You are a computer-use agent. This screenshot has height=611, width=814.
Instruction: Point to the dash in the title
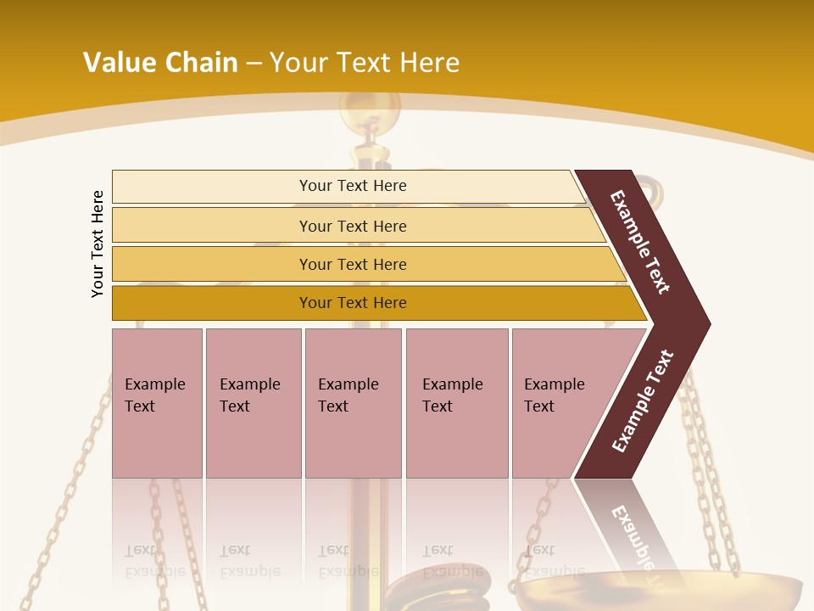[x=254, y=64]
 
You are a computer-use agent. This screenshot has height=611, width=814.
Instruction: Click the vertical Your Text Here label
[x=98, y=244]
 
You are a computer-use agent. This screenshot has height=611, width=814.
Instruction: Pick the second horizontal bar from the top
[x=353, y=226]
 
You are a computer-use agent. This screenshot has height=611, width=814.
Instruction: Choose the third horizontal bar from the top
[x=353, y=264]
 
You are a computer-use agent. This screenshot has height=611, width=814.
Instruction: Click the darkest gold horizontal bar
[x=353, y=303]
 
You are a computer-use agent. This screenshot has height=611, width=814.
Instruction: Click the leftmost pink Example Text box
[x=157, y=402]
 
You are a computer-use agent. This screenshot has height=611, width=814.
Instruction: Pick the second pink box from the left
[x=254, y=402]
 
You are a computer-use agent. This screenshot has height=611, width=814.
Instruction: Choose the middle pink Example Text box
[x=353, y=402]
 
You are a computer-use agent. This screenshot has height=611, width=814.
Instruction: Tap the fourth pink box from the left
[x=457, y=402]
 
